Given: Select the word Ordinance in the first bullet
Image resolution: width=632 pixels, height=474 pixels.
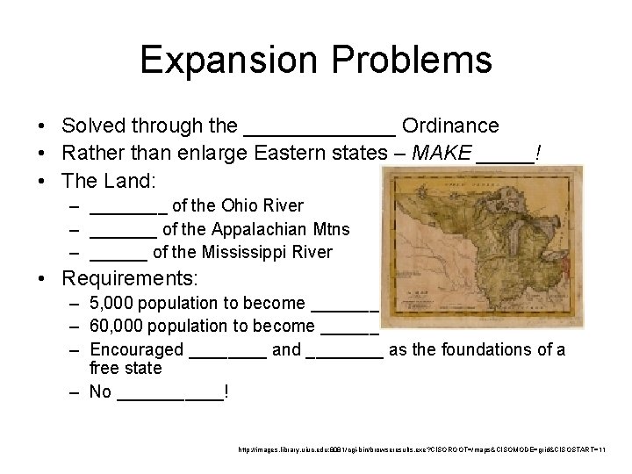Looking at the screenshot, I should (x=450, y=126).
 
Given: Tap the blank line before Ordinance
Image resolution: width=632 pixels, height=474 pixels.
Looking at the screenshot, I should (x=319, y=132).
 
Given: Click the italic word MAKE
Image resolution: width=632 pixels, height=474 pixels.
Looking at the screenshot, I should (x=441, y=154).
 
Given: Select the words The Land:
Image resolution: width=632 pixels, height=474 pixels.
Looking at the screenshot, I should (x=108, y=182).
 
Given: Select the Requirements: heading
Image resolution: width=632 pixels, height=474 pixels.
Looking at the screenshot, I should (x=130, y=279).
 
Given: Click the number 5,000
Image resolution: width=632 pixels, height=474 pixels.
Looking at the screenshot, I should (x=111, y=304).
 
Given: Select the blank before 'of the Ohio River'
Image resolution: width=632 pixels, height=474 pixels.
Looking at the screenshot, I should (x=128, y=211).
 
